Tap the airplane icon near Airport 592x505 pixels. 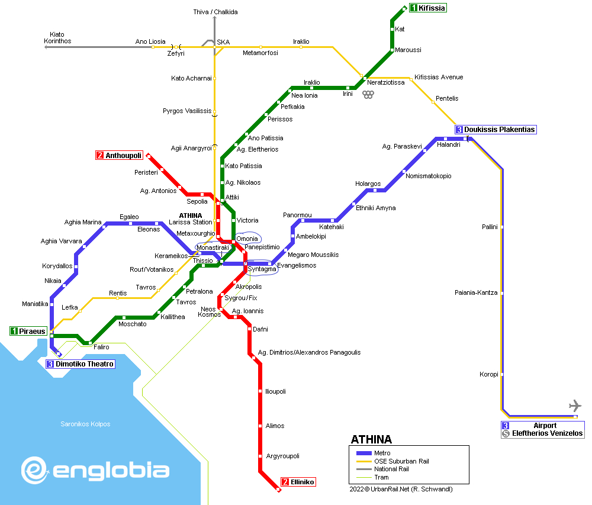575,406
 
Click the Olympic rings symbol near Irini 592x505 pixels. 368,95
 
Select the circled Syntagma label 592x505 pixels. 262,269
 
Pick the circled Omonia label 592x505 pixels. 247,239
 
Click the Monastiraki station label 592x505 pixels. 213,247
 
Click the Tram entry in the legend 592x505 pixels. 381,477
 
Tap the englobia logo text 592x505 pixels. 111,471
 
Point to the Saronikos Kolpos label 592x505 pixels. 85,424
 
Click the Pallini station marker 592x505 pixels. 503,227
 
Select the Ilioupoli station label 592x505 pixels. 276,391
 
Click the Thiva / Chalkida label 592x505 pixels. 215,12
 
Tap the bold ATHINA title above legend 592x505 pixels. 371,439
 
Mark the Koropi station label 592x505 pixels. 488,374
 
